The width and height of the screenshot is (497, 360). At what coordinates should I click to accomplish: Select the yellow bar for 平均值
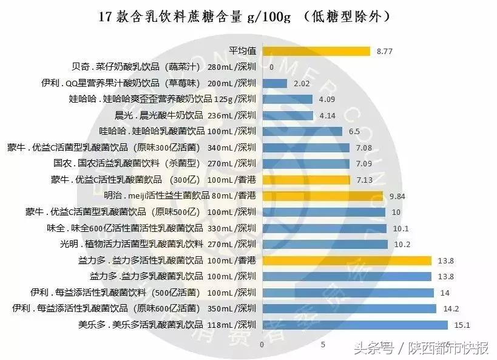point(316,51)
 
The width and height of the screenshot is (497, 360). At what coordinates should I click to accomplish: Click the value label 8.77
point(385,52)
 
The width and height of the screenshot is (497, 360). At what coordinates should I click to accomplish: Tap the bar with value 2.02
point(274,83)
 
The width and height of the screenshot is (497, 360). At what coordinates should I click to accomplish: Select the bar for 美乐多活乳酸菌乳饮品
point(354,324)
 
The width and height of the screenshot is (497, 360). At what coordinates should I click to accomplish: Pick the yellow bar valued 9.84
point(322,195)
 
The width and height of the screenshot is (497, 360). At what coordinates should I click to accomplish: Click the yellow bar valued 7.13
point(306,180)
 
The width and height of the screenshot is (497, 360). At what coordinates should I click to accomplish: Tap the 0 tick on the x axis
point(262,345)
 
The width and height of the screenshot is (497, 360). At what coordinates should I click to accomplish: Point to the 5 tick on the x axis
point(323,345)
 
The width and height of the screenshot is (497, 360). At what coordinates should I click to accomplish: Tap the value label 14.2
point(451,308)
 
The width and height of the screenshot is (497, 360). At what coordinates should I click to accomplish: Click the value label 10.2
point(403,244)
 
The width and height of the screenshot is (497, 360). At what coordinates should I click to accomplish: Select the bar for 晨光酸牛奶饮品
point(288,115)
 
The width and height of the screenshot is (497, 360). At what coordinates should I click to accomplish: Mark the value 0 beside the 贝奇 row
point(271,67)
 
